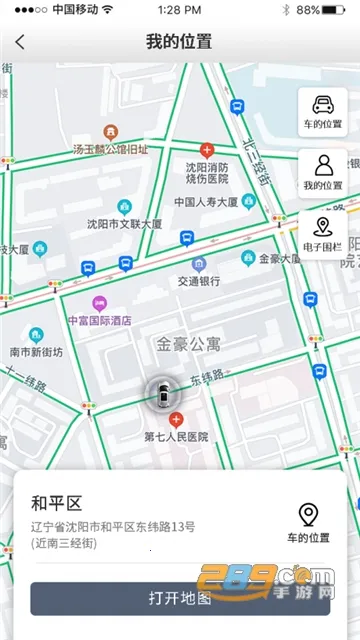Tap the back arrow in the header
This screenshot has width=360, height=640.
click(20, 43)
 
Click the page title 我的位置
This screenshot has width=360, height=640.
click(179, 42)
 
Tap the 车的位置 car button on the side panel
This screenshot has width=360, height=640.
click(322, 112)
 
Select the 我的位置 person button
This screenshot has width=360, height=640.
click(322, 172)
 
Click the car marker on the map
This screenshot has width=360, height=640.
click(160, 393)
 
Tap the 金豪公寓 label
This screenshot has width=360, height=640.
click(190, 343)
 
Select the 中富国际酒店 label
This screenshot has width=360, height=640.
click(99, 320)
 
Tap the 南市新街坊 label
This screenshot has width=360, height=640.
click(36, 352)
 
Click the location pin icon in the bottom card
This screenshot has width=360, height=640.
click(309, 514)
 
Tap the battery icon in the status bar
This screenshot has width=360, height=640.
click(336, 9)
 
